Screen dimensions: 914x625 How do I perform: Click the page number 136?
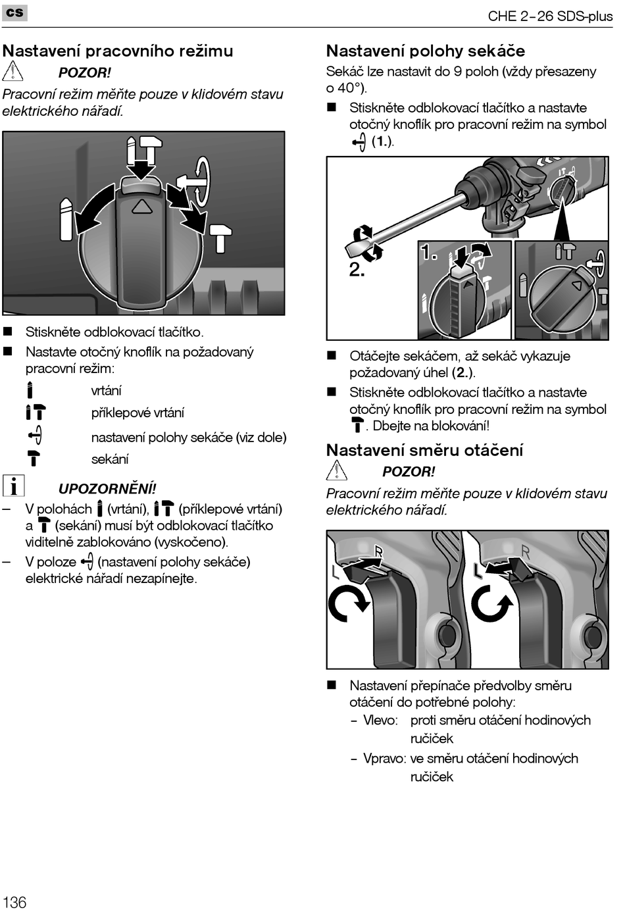14,901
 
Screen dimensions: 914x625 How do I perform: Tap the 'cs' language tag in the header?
14,13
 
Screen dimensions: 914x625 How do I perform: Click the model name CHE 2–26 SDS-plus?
549,16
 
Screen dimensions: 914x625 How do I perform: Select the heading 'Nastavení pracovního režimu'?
118,51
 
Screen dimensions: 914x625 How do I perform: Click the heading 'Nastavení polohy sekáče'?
426,51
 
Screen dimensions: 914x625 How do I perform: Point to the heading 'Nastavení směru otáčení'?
424,450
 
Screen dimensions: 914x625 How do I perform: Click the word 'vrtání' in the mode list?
106,390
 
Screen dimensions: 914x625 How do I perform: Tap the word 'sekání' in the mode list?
109,459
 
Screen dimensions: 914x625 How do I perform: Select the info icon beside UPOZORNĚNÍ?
13,486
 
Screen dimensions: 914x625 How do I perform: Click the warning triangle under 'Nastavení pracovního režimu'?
13,70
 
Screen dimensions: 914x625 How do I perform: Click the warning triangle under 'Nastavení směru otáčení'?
337,470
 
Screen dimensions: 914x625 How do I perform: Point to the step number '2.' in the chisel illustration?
357,270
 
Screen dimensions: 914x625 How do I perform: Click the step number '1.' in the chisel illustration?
429,252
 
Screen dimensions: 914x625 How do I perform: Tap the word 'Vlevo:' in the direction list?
380,720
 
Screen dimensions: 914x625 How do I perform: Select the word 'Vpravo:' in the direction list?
384,758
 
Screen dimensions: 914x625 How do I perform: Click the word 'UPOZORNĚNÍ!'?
107,488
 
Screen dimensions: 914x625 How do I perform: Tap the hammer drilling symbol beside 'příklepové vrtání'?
36,413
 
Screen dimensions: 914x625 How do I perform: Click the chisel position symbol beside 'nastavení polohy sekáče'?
36,436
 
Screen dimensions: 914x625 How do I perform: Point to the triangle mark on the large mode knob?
141,207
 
